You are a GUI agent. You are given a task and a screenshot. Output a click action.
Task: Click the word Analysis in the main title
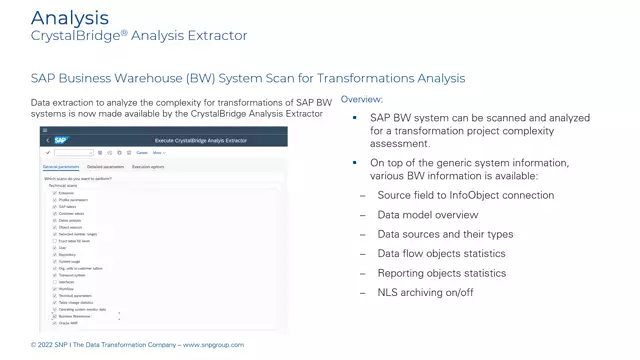pos(70,18)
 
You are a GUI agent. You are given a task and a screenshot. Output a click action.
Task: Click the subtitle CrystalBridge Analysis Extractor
pos(139,36)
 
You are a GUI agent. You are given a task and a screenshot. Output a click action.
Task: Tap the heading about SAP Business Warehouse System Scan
pos(248,78)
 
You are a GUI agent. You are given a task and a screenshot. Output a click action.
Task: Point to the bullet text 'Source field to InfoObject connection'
pos(465,195)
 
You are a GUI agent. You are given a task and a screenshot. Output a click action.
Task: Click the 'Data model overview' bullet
pos(427,215)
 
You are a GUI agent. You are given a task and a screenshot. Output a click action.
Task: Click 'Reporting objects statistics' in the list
pos(441,273)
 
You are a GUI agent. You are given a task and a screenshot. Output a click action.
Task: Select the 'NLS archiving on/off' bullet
pos(425,292)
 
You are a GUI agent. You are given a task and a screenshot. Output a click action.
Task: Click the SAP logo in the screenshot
pos(61,140)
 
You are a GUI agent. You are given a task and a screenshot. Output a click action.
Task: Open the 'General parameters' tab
pos(61,167)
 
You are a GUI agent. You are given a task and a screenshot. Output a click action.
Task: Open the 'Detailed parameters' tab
pos(106,167)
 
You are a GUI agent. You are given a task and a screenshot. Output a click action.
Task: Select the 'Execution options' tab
pos(148,167)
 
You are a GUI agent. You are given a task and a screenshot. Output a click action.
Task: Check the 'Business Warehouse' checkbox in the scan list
pos(54,316)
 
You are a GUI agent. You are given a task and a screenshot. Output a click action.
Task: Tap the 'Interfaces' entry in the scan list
pos(66,282)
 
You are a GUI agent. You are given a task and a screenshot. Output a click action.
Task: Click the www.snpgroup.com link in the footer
pos(213,345)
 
